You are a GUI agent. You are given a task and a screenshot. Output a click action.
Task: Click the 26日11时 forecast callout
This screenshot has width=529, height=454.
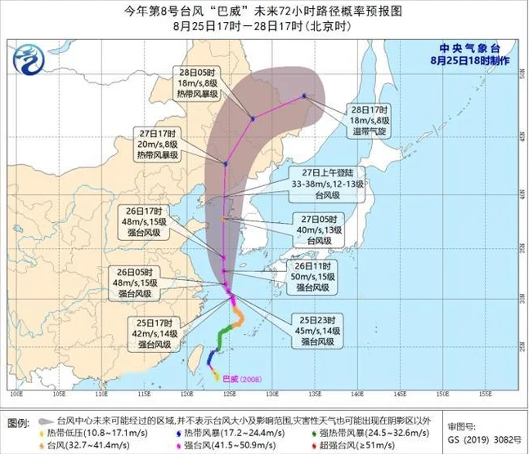coord(315,276)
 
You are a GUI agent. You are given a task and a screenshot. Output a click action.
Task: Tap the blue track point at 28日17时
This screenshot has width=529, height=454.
coord(304,96)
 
